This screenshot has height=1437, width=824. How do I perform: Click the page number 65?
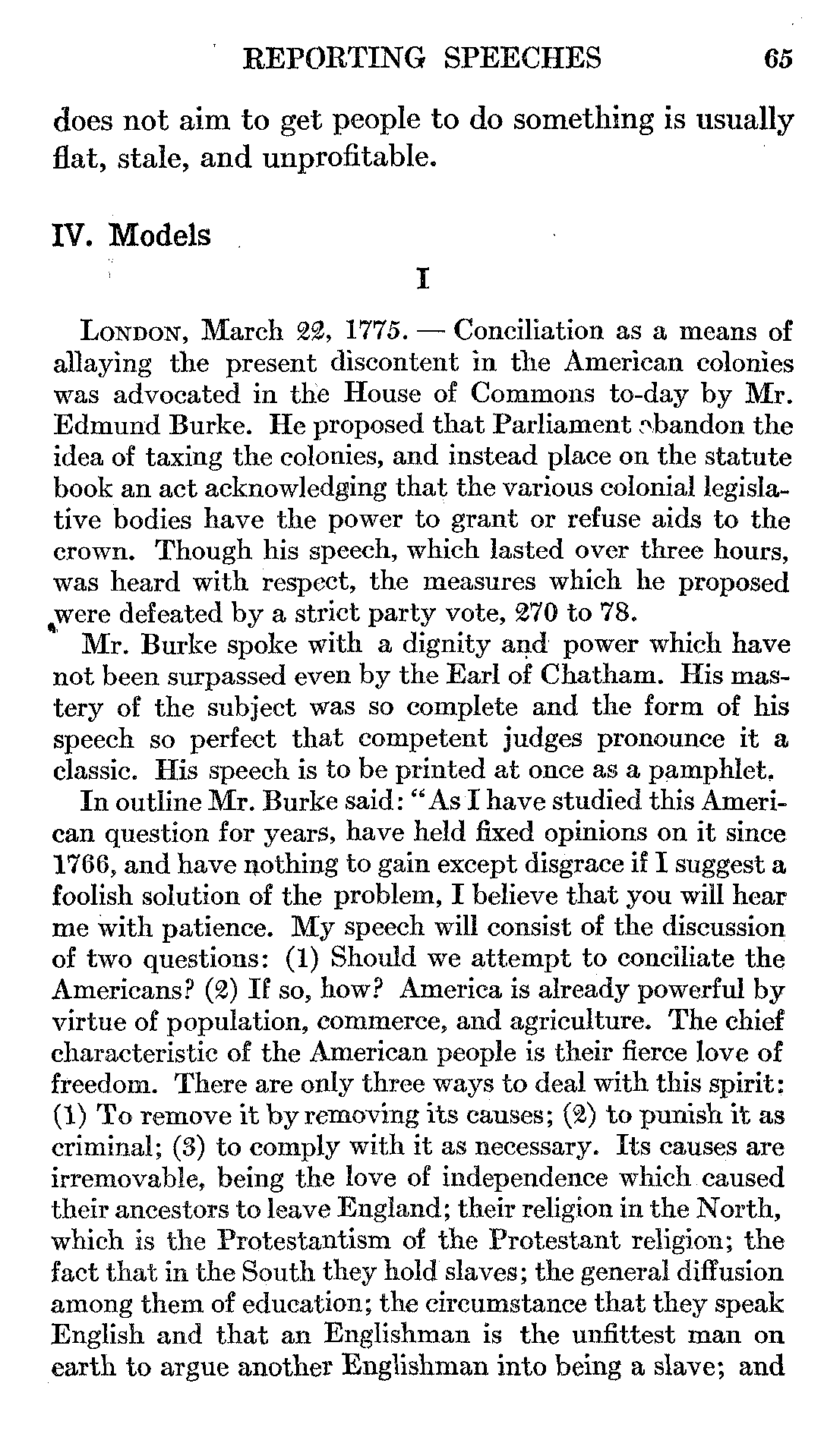pyautogui.click(x=778, y=58)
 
